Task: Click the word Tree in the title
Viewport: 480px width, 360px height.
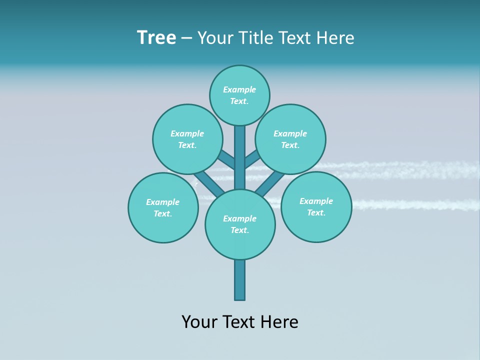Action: pyautogui.click(x=156, y=38)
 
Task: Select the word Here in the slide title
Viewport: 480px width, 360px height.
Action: pyautogui.click(x=336, y=38)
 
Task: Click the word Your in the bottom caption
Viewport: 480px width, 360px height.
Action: pyautogui.click(x=200, y=321)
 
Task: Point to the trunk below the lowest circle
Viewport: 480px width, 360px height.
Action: pyautogui.click(x=240, y=280)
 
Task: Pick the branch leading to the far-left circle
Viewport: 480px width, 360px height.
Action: pyautogui.click(x=207, y=184)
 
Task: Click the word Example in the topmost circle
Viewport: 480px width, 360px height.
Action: pyautogui.click(x=239, y=89)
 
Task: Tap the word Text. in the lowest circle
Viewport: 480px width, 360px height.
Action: pyautogui.click(x=239, y=230)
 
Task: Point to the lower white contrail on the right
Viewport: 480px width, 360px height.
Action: pyautogui.click(x=415, y=204)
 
